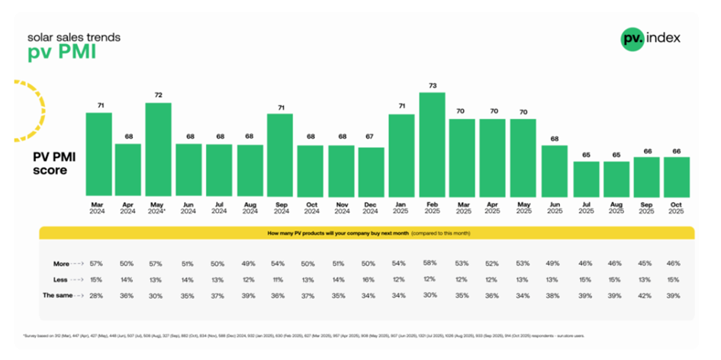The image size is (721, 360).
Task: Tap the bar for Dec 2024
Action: pyautogui.click(x=372, y=172)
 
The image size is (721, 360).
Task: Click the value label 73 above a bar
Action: pyautogui.click(x=432, y=85)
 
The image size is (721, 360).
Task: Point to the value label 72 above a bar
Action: pyautogui.click(x=159, y=96)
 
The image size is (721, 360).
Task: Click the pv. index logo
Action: pyautogui.click(x=650, y=38)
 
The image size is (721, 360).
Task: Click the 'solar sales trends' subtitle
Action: pyautogui.click(x=63, y=37)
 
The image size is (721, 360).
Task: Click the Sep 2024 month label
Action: pyautogui.click(x=280, y=208)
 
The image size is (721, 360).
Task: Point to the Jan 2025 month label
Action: pyautogui.click(x=402, y=208)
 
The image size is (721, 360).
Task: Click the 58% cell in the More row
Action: pyautogui.click(x=432, y=262)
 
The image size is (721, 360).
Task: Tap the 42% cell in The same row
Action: pyautogui.click(x=645, y=295)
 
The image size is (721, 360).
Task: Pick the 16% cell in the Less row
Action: pyautogui.click(x=372, y=279)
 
